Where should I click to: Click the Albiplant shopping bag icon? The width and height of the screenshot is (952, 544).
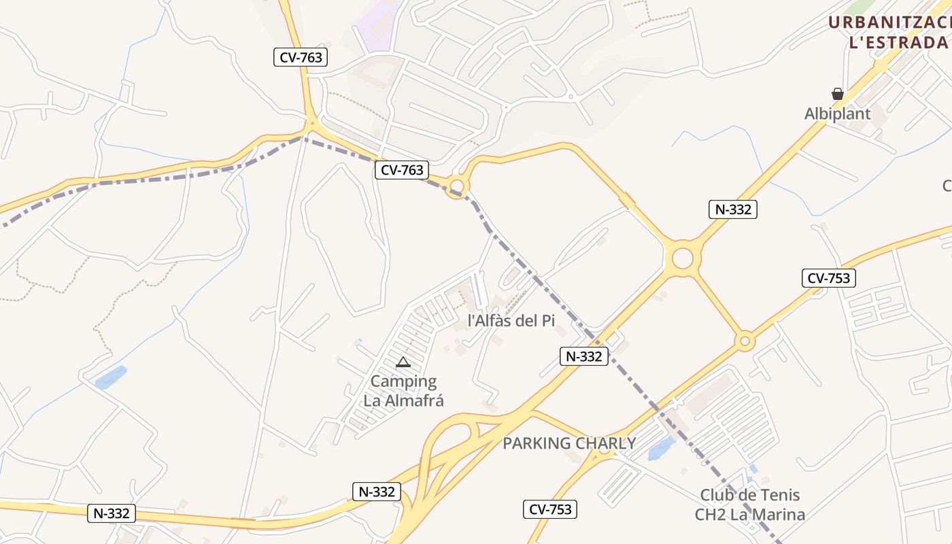tap(838, 94)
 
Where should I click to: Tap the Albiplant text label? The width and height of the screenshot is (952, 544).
tap(838, 114)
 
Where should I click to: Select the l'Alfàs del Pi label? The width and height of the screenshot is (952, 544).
tap(511, 320)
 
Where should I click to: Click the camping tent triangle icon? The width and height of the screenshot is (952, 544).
tap(403, 362)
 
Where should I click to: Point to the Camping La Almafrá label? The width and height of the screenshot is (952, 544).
tap(404, 391)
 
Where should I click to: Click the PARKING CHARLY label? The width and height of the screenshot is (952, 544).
tap(569, 443)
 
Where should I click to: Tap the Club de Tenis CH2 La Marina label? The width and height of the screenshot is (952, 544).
tap(750, 505)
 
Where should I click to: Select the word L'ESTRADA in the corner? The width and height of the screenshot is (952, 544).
tap(898, 42)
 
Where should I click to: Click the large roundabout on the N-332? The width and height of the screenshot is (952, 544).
tap(683, 258)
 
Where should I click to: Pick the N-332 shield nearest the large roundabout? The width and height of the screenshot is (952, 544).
tap(732, 209)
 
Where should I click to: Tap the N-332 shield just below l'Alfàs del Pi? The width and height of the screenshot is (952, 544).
tap(584, 356)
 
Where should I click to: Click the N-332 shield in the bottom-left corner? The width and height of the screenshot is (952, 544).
tap(112, 513)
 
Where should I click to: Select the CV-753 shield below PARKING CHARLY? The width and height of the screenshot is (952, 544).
tap(550, 509)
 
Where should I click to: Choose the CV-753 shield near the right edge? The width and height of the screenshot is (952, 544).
tap(828, 277)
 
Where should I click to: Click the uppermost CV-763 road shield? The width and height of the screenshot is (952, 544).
tap(301, 57)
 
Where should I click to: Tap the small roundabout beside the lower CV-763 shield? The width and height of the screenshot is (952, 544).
tap(456, 186)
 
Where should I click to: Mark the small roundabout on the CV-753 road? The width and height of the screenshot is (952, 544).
tap(745, 340)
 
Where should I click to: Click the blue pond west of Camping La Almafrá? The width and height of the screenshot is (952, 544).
tap(111, 377)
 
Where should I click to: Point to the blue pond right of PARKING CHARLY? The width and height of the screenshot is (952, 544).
tap(662, 449)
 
